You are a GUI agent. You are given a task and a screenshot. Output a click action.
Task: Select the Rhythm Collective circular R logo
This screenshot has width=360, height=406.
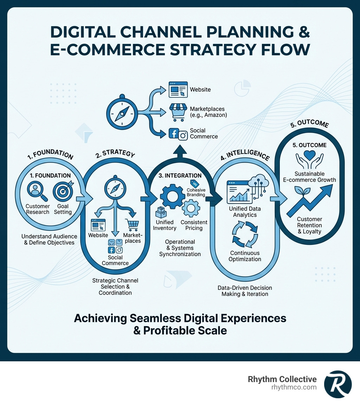click(337, 384)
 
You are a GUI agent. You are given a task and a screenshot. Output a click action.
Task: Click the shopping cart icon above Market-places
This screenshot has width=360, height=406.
click(132, 225)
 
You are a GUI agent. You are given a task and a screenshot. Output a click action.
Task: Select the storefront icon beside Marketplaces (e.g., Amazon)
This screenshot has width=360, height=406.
click(177, 111)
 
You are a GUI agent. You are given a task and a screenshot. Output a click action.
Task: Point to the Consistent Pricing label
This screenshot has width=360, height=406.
click(194, 225)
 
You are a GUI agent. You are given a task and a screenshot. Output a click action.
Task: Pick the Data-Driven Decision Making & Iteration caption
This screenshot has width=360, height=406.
click(245, 291)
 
